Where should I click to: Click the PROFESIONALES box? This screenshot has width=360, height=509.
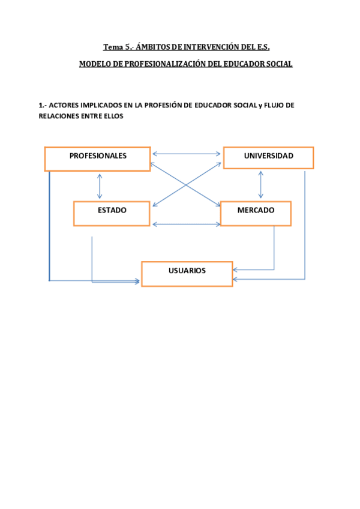[97, 158]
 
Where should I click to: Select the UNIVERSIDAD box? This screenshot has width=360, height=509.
[268, 157]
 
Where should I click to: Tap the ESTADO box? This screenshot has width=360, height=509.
[112, 213]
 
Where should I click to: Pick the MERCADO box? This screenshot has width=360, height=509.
[256, 213]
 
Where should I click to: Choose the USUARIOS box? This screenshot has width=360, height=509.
[187, 274]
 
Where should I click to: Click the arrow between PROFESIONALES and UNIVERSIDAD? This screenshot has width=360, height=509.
[187, 154]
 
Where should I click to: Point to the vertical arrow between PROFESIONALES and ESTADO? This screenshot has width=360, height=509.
[100, 186]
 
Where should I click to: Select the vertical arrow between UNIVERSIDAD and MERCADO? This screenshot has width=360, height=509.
[260, 185]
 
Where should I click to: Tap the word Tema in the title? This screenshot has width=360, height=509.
[112, 47]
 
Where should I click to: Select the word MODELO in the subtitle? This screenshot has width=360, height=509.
[95, 64]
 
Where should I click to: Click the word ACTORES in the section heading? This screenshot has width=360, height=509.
[63, 105]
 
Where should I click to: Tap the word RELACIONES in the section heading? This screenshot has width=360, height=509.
[58, 116]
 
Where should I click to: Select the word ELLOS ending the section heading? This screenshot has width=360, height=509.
[113, 116]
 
